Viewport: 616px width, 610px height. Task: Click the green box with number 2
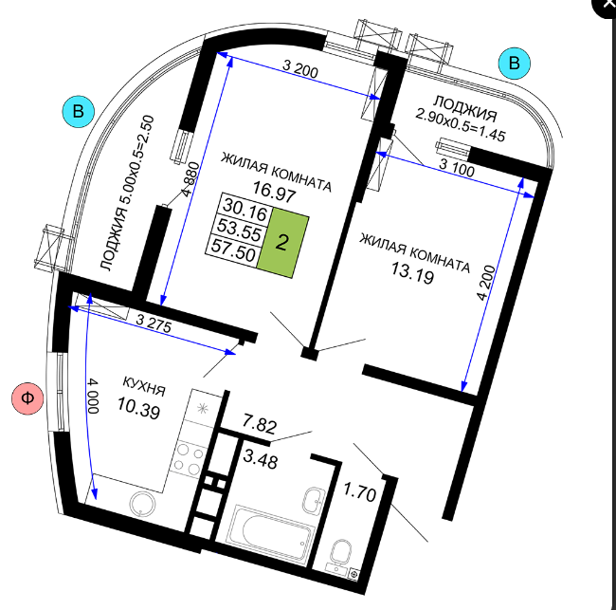(282, 243)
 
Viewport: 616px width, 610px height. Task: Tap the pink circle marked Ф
(27, 398)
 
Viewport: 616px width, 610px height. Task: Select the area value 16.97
(274, 192)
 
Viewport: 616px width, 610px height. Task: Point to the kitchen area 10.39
(139, 407)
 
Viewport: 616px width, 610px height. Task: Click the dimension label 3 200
(300, 69)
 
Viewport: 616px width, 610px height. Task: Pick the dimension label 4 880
(190, 179)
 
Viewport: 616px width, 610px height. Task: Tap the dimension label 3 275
(154, 323)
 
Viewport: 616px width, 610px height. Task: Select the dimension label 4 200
(486, 283)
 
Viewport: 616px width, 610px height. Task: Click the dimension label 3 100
(457, 168)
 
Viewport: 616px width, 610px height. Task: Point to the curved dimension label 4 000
(93, 396)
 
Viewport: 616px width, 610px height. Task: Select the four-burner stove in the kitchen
(189, 459)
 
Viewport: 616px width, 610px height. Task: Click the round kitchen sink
(142, 504)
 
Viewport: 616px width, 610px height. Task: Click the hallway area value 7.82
(260, 423)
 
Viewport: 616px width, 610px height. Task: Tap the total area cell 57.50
(233, 250)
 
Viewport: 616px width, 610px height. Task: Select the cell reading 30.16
(245, 210)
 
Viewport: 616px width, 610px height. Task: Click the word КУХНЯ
(144, 386)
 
